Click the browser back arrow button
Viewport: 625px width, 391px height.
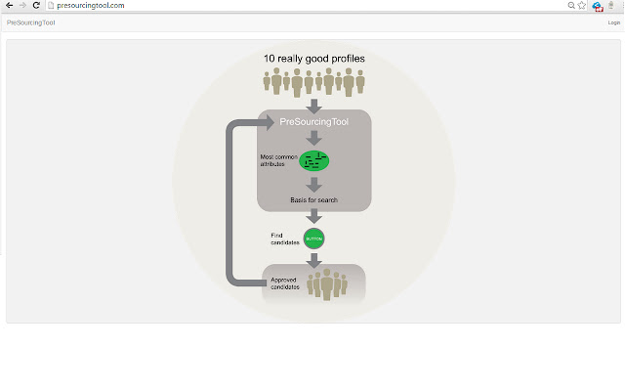point(9,6)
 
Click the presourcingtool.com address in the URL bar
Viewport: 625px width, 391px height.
point(91,6)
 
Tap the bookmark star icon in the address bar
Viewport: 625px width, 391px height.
point(582,6)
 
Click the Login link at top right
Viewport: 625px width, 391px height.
point(613,22)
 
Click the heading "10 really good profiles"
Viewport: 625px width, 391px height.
point(314,59)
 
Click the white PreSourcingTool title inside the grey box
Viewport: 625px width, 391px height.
point(312,122)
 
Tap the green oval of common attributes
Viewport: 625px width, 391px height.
point(313,160)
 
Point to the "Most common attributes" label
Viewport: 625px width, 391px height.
point(276,160)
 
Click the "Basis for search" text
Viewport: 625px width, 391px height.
point(313,200)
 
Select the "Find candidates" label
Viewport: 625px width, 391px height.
point(284,238)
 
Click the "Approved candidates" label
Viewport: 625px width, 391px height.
point(284,283)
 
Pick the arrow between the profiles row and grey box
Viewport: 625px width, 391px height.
point(313,104)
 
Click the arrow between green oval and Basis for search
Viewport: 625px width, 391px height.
point(313,183)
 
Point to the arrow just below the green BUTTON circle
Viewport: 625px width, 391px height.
point(313,259)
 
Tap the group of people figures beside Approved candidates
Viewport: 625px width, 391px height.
point(326,284)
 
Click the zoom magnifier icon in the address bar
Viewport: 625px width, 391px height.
point(570,6)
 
